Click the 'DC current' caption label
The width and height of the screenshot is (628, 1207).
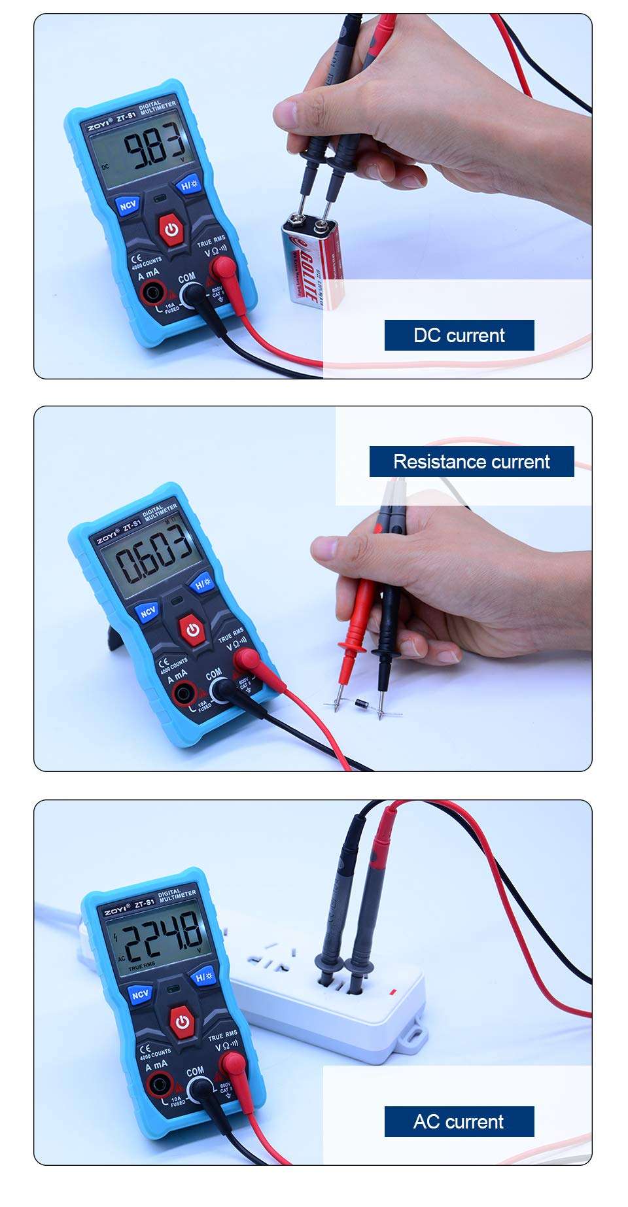[459, 336]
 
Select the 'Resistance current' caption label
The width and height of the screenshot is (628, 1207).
[471, 462]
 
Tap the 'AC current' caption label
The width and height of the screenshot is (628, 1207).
[459, 1121]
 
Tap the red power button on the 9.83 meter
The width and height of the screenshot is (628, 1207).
[171, 230]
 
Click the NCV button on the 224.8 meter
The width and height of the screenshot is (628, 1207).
[140, 994]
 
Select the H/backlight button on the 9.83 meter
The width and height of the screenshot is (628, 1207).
[188, 184]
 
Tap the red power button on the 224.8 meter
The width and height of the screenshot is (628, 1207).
[182, 1022]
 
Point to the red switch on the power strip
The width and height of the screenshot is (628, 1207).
[392, 992]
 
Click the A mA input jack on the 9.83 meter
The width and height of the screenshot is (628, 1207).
[154, 293]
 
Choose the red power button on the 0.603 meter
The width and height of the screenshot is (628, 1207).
[192, 630]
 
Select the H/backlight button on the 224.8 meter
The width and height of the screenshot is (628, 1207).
[205, 977]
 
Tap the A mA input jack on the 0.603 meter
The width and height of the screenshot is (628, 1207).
[183, 693]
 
